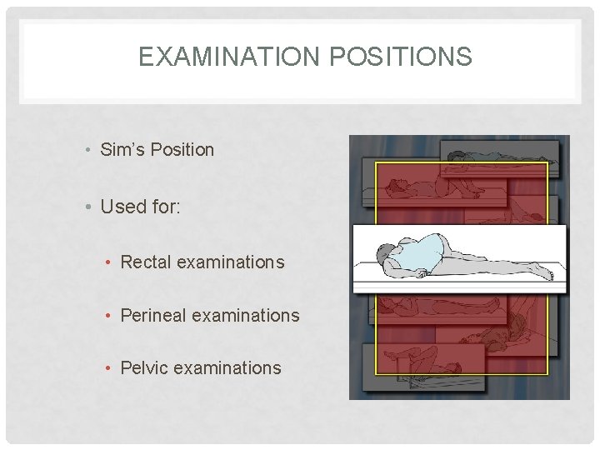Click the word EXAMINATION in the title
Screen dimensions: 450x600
pyautogui.click(x=227, y=57)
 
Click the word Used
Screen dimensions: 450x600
pyautogui.click(x=123, y=206)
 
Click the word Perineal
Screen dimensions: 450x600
pyautogui.click(x=152, y=315)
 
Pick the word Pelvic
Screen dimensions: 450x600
pyautogui.click(x=145, y=367)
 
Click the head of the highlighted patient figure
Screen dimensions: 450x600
pyautogui.click(x=387, y=253)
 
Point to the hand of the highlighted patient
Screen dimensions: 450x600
pyautogui.click(x=422, y=272)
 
